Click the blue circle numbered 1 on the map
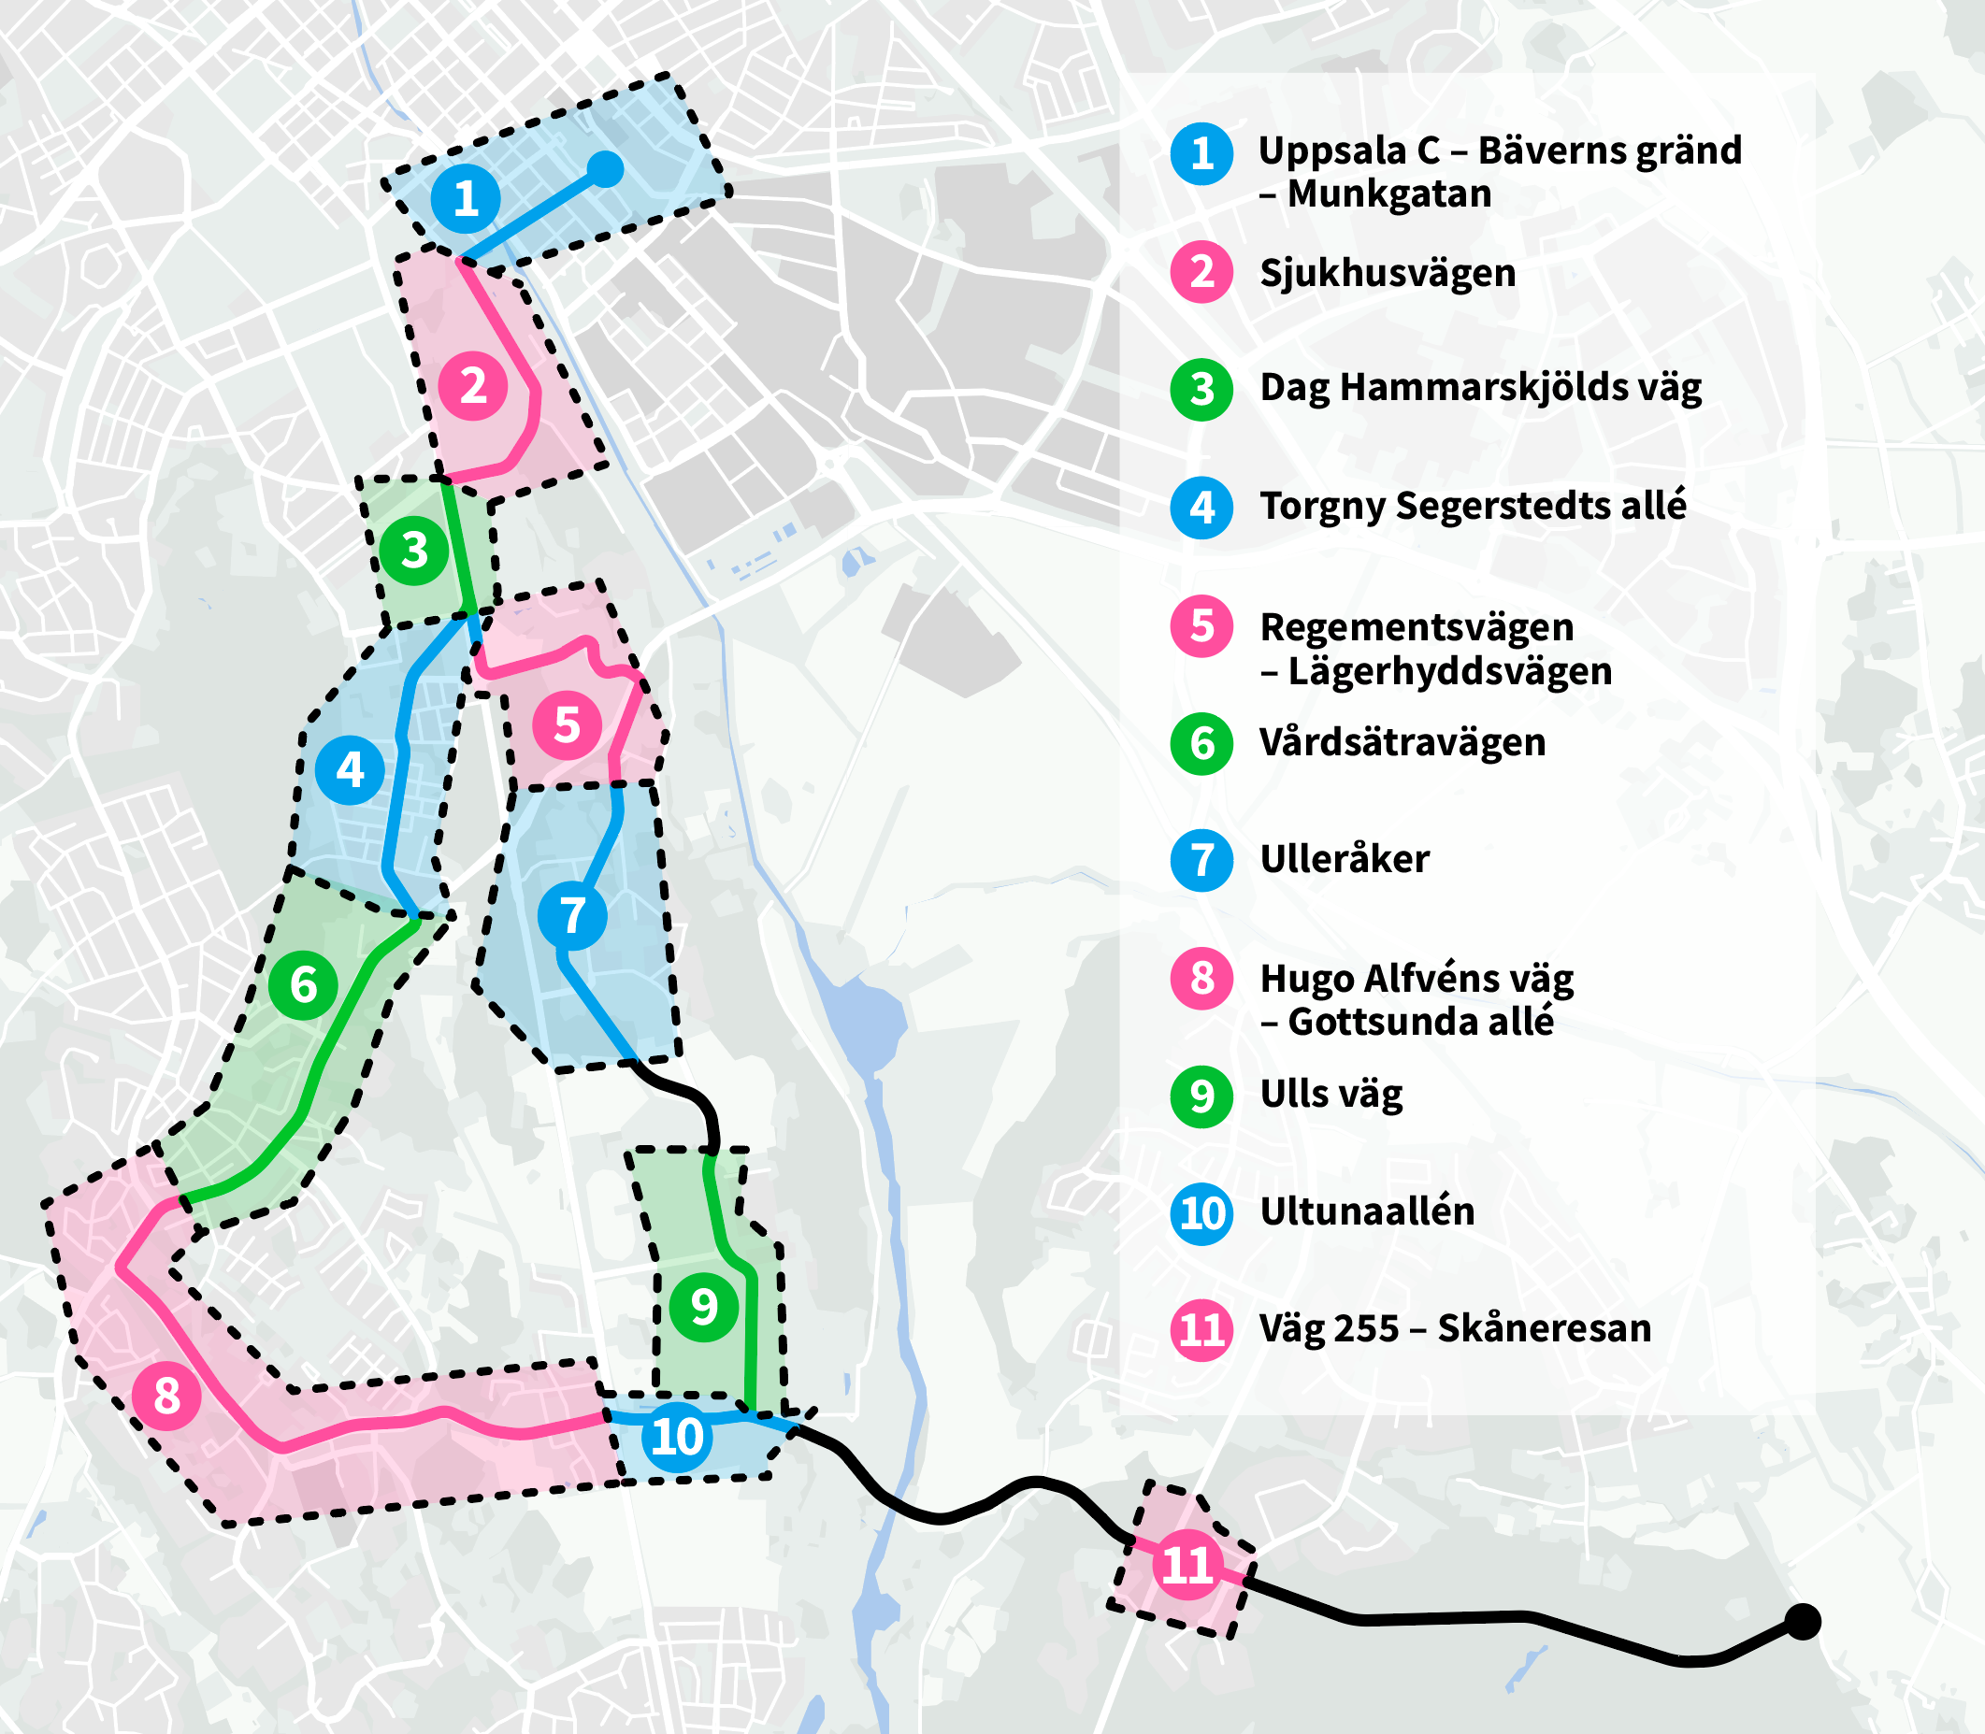466,198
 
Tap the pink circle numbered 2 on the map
473,386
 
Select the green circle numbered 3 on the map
414,551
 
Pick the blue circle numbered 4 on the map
350,770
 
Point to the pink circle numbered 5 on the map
567,724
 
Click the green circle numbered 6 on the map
303,985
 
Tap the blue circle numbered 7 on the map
572,915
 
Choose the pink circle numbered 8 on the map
166,1396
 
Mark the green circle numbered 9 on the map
704,1307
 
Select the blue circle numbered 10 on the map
678,1437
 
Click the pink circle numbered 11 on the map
1187,1565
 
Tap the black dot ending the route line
1802,1621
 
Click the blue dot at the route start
606,169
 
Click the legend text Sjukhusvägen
1387,273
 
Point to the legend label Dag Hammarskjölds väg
1480,388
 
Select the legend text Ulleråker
1345,859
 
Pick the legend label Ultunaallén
1367,1211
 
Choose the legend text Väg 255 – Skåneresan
1455,1328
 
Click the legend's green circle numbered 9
1201,1096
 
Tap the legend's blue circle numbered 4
1201,507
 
